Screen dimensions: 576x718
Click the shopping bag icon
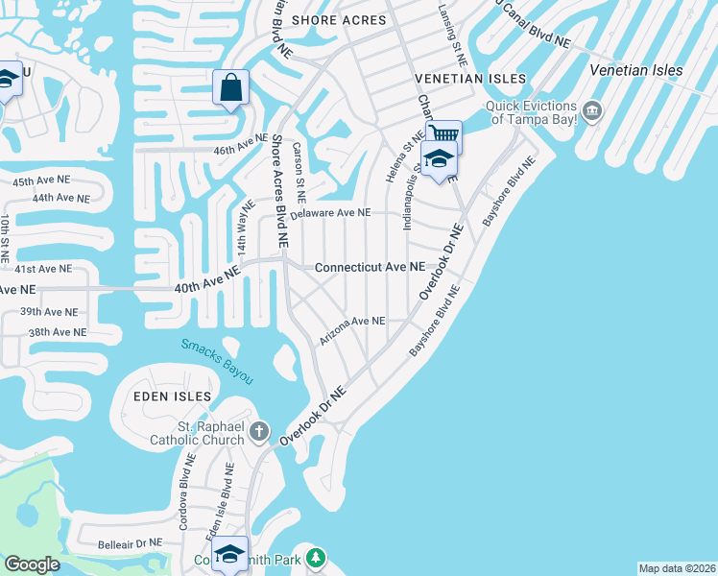(231, 88)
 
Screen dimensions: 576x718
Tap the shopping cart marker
(444, 133)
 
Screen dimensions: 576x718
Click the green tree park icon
(316, 557)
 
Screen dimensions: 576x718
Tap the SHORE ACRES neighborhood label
(339, 19)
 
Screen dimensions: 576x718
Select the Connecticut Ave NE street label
(370, 267)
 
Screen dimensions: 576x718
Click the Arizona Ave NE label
(352, 322)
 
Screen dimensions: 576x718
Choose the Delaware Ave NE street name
(330, 213)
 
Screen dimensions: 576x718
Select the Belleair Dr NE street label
(129, 544)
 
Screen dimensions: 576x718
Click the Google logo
(32, 564)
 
